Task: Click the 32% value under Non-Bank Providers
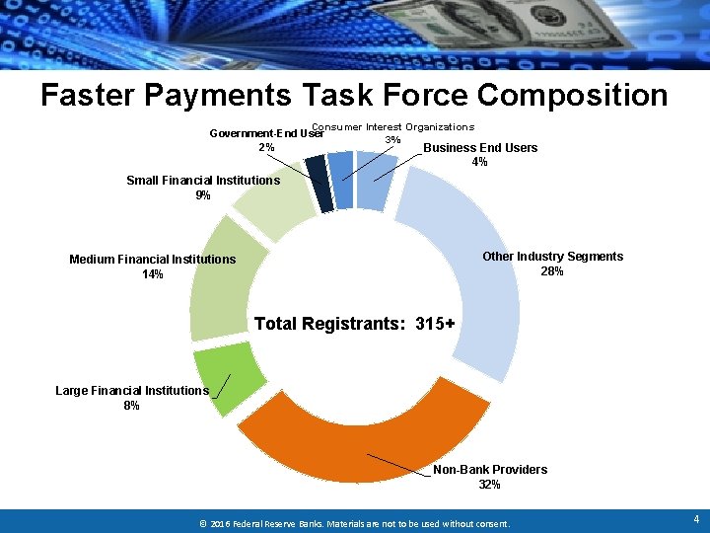[489, 485]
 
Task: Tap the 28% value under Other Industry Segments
[552, 271]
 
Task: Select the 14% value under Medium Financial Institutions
[153, 274]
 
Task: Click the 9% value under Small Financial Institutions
[203, 194]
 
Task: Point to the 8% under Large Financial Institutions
[132, 406]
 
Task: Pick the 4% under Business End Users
[480, 162]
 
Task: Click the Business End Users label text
[480, 148]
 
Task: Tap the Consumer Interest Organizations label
[392, 126]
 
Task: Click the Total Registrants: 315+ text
[354, 323]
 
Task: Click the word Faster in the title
[89, 95]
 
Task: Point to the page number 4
[696, 518]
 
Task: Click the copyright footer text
[354, 523]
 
